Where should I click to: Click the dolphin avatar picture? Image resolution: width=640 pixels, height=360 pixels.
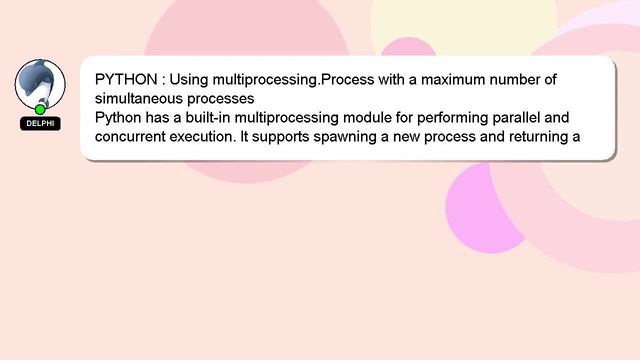[x=40, y=83]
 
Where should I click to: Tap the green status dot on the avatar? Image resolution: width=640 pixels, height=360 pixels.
[x=40, y=109]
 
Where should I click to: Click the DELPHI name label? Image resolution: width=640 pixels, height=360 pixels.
[x=40, y=124]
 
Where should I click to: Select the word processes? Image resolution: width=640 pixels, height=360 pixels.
[x=225, y=99]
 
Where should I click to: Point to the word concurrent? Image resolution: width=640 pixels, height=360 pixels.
[x=133, y=138]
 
